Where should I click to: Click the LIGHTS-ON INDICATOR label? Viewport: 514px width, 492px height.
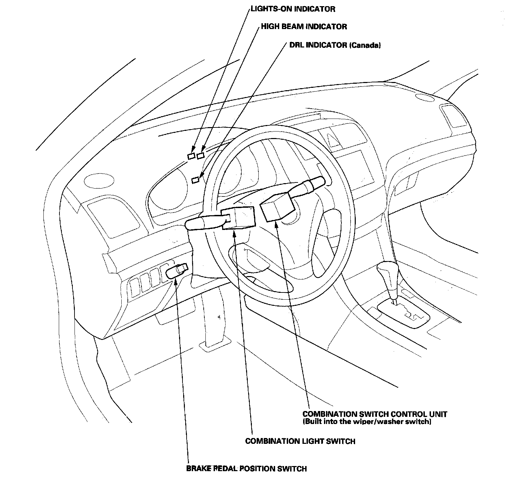[293, 9]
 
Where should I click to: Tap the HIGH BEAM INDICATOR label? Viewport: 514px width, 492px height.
[304, 27]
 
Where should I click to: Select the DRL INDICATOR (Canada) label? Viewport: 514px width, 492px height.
[335, 45]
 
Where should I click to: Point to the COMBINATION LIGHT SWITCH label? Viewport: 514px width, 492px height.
[300, 441]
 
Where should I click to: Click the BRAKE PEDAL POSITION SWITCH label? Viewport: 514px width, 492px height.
[246, 468]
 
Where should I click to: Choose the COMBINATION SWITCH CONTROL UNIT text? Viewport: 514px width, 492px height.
[375, 414]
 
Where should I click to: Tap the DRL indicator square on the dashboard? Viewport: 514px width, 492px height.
[195, 179]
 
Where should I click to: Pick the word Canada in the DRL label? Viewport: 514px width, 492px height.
[365, 45]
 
